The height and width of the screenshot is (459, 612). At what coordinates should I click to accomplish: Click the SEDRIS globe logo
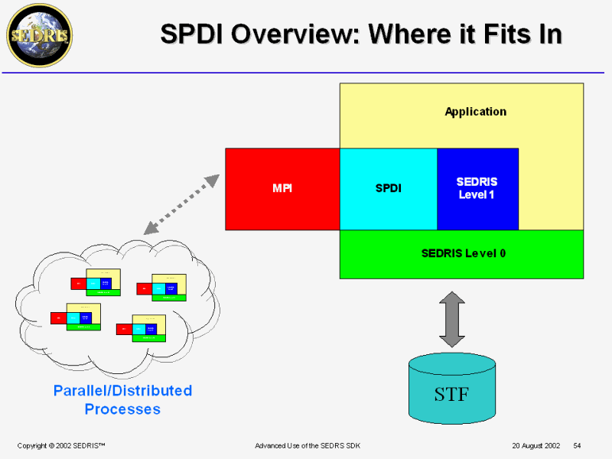tap(39, 35)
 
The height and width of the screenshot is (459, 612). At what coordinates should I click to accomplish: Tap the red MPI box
tap(282, 189)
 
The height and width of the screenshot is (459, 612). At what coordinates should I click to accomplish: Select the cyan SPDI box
tap(389, 189)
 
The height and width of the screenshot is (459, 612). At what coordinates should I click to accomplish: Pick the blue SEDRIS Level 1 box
tap(477, 189)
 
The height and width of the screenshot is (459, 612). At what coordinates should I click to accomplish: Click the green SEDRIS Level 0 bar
tap(462, 254)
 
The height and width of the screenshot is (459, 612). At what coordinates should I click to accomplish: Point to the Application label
tap(475, 112)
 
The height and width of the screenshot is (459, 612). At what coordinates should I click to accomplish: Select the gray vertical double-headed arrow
tap(451, 319)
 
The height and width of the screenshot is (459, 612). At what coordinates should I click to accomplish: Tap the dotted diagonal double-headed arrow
tap(181, 203)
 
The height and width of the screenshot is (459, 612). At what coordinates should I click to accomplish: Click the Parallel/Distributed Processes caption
tap(122, 400)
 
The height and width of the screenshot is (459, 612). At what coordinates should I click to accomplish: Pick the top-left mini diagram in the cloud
tap(96, 282)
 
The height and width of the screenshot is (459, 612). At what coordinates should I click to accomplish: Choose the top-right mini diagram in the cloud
tap(162, 288)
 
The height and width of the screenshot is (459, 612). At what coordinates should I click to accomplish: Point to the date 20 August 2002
tap(536, 445)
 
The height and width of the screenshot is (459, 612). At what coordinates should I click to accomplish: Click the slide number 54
tap(578, 445)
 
